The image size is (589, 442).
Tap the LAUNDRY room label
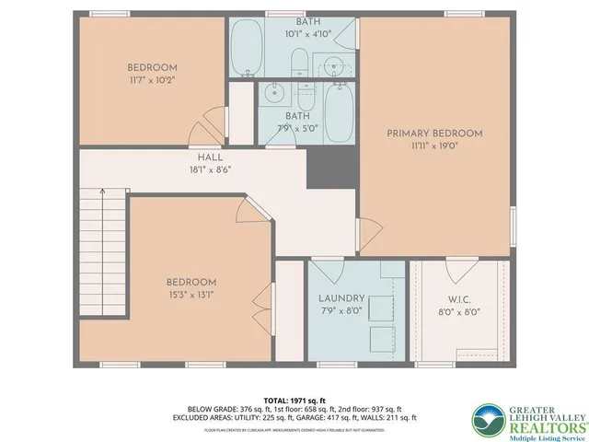pyautogui.click(x=341, y=298)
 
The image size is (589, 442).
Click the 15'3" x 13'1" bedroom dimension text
pyautogui.click(x=191, y=295)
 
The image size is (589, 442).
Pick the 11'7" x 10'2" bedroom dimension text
pyautogui.click(x=151, y=80)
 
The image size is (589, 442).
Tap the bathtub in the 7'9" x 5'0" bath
pyautogui.click(x=339, y=111)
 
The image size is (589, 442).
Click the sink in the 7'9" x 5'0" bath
pyautogui.click(x=272, y=92)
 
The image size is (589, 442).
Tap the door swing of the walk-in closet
pyautogui.click(x=456, y=272)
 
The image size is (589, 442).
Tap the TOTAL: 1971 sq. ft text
pyautogui.click(x=294, y=400)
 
